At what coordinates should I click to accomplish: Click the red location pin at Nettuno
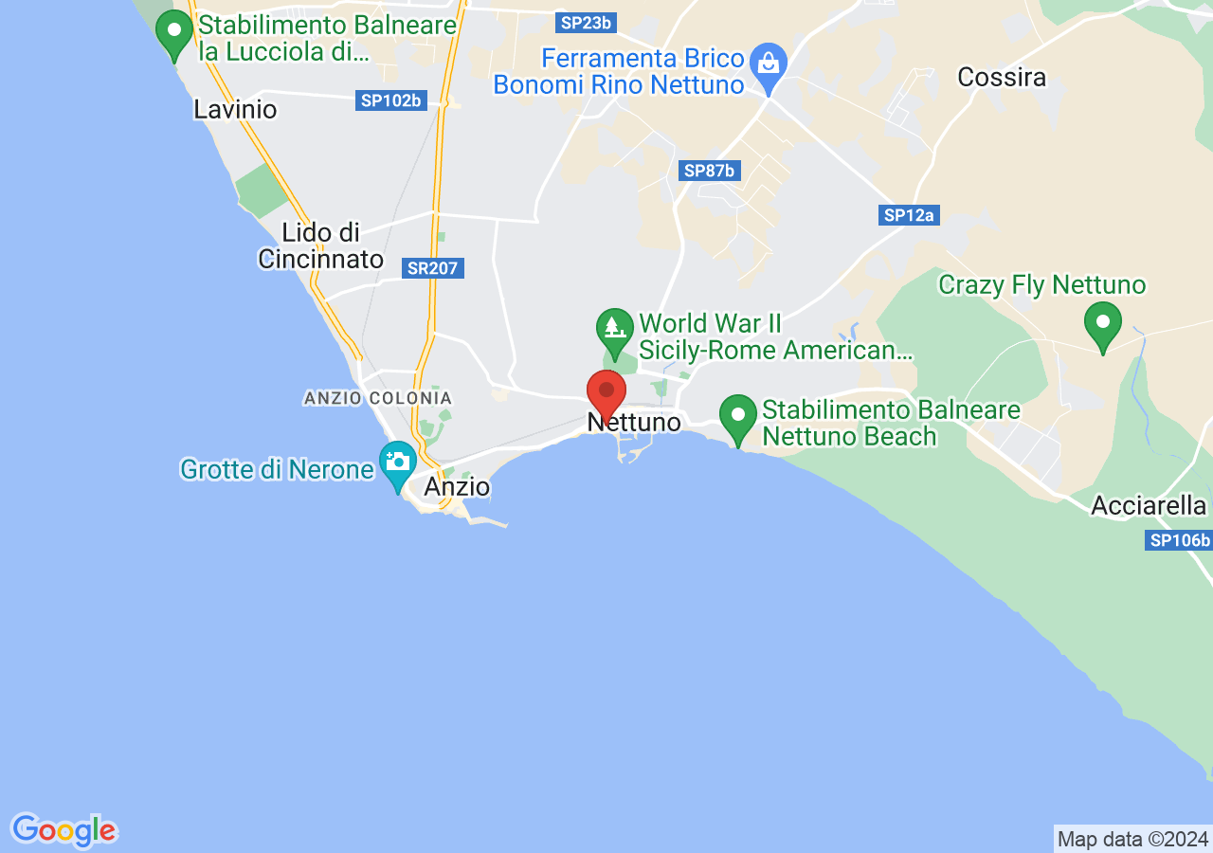point(606,391)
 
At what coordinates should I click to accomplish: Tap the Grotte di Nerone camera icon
point(398,462)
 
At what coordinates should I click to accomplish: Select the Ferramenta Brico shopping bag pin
point(769,64)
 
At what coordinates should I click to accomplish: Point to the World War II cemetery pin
point(614,328)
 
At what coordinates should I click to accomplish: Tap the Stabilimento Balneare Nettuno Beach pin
point(737,415)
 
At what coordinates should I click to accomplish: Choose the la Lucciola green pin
point(174,30)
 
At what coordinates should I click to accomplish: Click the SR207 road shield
point(433,268)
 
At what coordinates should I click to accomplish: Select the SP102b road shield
point(390,100)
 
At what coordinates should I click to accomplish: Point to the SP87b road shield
point(710,171)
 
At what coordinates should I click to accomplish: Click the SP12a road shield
point(909,215)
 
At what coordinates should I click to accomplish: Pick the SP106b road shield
point(1179,540)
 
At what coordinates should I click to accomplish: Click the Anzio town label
point(457,486)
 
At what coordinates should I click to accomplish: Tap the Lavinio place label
point(235,109)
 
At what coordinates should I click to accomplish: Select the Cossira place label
point(1002,77)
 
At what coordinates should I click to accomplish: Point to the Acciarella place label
point(1149,505)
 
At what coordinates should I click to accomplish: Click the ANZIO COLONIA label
point(378,398)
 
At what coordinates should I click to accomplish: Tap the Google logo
point(63,830)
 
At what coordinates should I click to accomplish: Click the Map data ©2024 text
point(1132,839)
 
